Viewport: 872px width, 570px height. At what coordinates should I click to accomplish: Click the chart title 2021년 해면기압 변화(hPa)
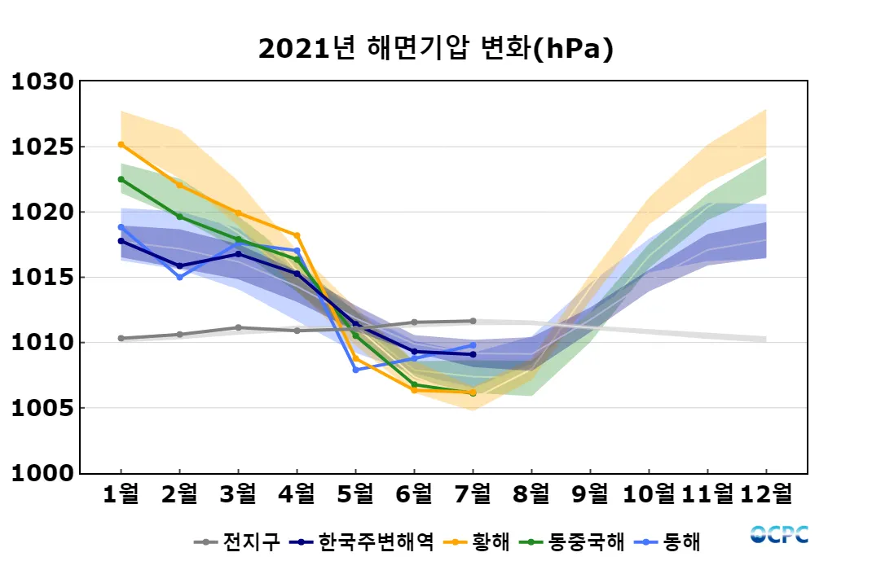[435, 49]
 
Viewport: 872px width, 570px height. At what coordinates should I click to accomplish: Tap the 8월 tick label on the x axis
[531, 493]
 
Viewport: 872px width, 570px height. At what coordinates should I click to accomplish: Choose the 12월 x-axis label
[766, 493]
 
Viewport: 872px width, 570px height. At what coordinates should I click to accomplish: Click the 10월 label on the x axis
[649, 493]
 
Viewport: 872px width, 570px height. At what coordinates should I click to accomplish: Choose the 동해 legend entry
[671, 541]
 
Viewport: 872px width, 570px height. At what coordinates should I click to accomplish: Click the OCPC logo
[779, 534]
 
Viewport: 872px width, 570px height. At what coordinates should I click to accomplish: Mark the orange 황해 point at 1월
[121, 144]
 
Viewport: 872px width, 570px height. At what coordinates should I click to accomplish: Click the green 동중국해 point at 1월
[121, 179]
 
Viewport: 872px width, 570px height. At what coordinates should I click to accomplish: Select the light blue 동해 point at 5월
[355, 370]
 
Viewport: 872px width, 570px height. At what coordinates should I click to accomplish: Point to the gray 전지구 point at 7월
[473, 321]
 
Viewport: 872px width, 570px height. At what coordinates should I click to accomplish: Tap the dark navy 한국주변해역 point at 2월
[179, 266]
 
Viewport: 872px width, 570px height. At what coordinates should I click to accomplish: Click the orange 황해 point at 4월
[297, 235]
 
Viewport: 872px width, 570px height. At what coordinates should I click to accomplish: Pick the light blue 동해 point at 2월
[179, 277]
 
